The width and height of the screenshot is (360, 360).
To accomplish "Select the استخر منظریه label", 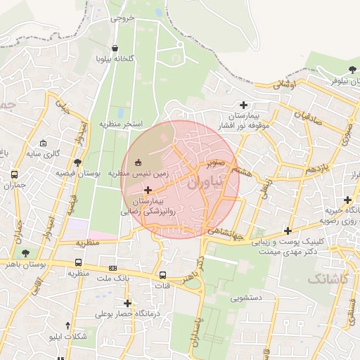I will click(120, 124).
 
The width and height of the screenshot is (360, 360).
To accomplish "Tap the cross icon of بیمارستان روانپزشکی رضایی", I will click(148, 190).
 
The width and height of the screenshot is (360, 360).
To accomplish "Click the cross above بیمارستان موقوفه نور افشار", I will click(244, 105).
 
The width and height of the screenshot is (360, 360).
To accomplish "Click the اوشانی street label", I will click(285, 85).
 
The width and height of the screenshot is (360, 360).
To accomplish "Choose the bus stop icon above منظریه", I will click(77, 263).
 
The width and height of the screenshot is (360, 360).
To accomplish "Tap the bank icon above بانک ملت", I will click(112, 269).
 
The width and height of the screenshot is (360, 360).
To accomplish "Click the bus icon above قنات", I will click(163, 275).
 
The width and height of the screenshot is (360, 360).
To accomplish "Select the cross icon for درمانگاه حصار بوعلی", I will click(108, 303).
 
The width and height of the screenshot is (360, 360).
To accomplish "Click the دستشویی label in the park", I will click(247, 298).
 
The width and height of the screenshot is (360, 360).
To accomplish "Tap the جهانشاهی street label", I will click(226, 233).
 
